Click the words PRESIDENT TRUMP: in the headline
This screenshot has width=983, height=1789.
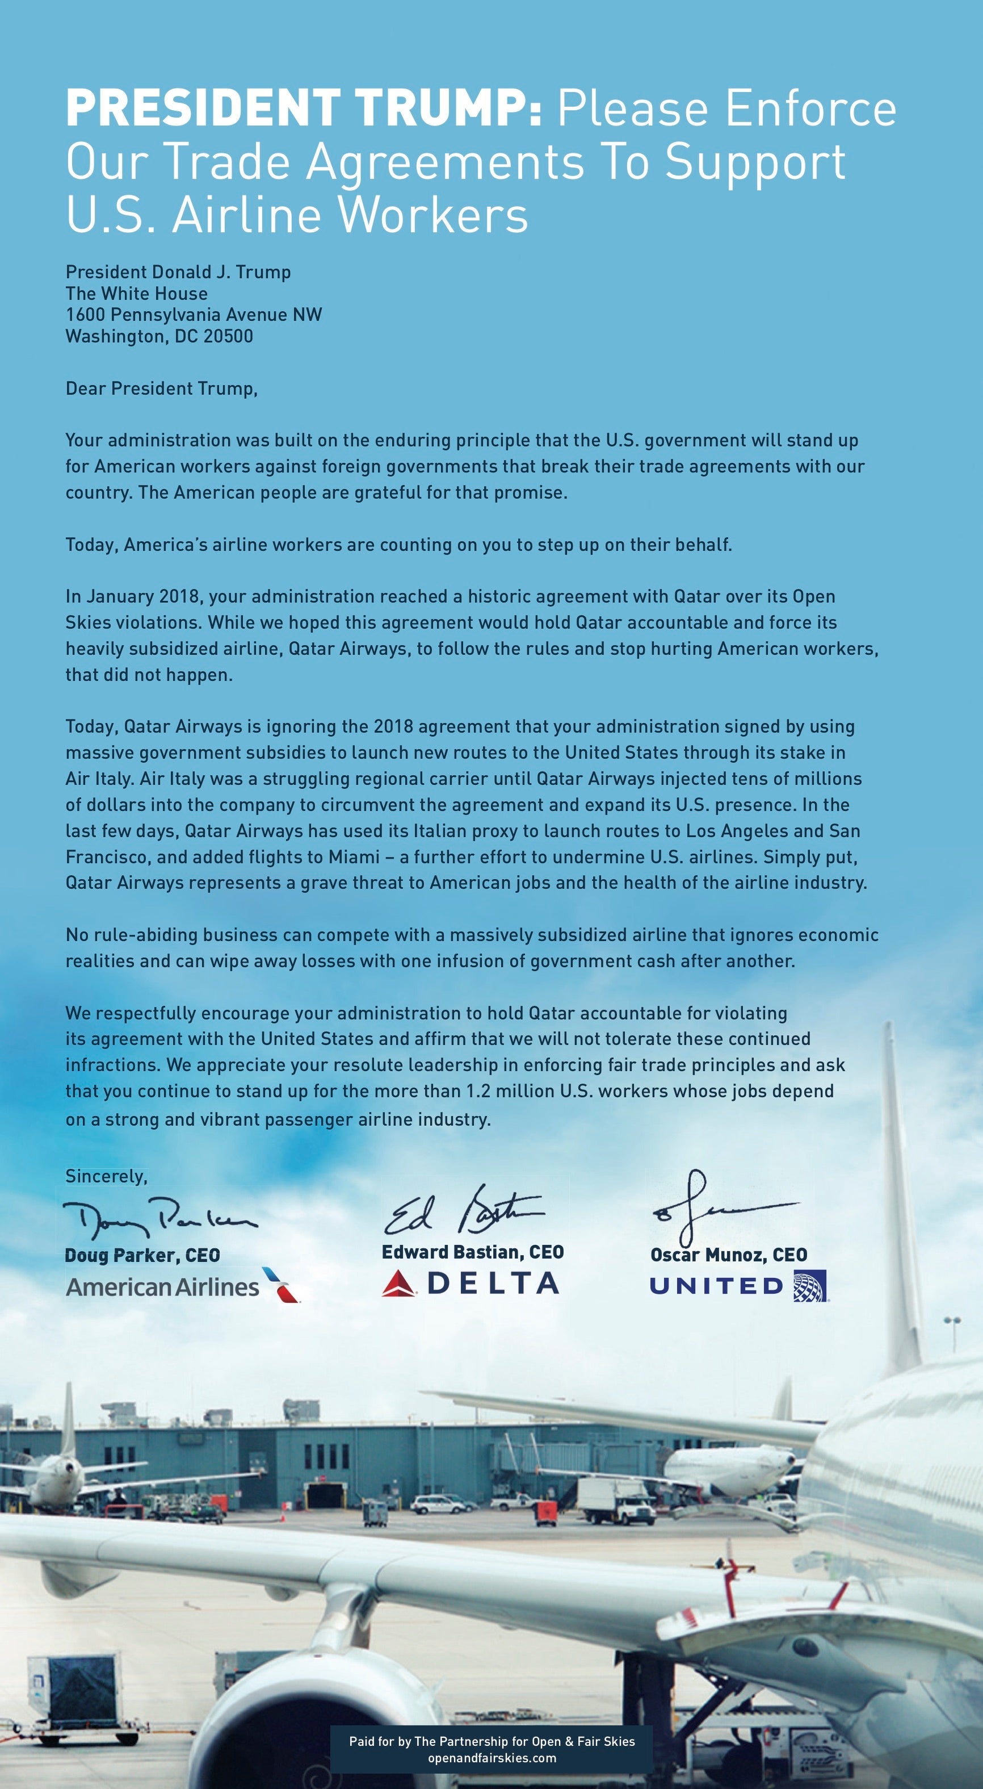[304, 109]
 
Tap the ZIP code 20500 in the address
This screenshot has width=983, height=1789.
[228, 337]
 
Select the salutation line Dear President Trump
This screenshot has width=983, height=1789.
[161, 388]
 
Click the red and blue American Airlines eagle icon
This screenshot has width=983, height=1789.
[281, 1285]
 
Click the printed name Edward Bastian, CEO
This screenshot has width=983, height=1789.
[473, 1252]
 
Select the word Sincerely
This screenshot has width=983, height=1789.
[106, 1176]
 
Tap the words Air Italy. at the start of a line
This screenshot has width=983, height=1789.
[99, 779]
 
